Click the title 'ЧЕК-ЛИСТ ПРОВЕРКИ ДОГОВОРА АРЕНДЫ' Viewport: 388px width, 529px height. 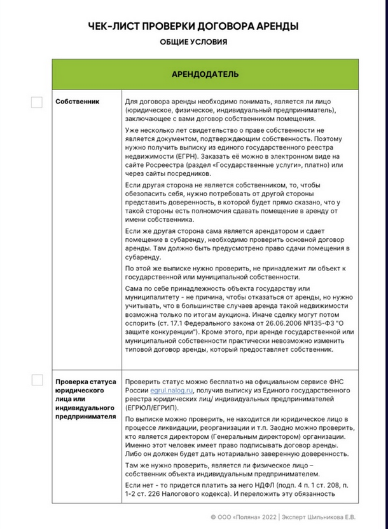(x=193, y=26)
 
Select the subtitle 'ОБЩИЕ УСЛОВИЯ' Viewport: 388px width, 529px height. (x=193, y=42)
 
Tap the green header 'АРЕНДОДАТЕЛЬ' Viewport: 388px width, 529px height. (x=205, y=74)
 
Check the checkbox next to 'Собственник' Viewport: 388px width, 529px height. (x=37, y=102)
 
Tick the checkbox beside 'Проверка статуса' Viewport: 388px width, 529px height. (x=37, y=380)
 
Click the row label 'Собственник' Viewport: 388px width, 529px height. (x=78, y=102)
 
